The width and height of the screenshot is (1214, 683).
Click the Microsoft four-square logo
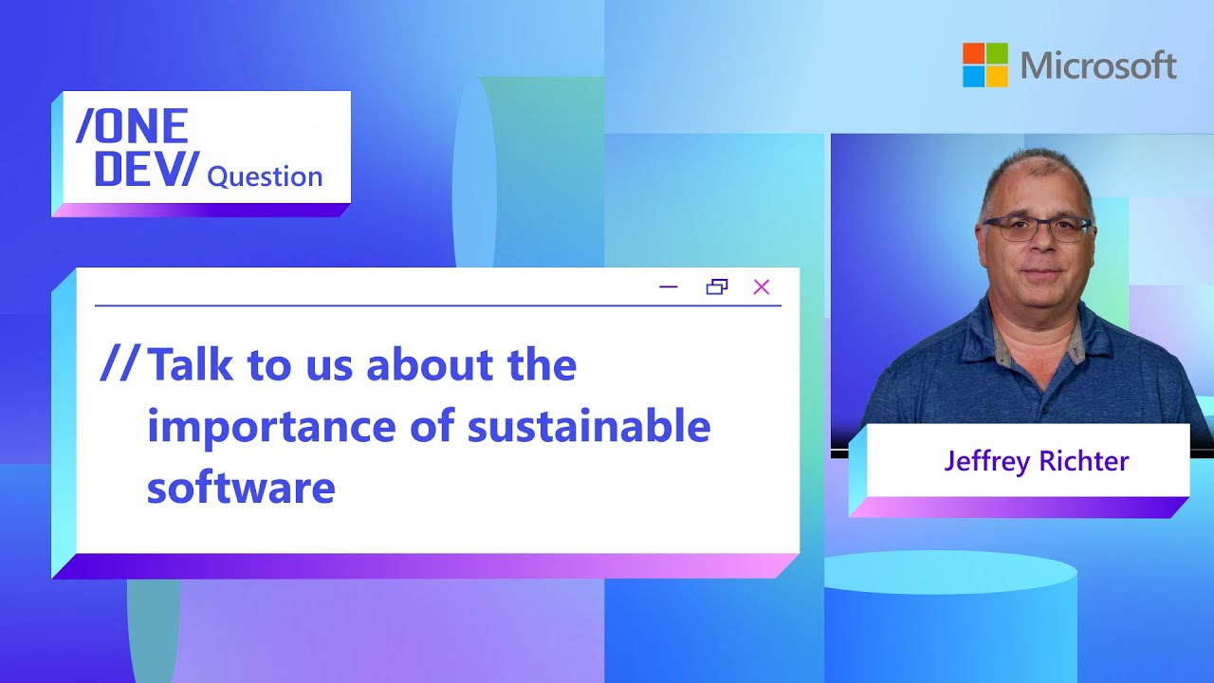click(x=985, y=65)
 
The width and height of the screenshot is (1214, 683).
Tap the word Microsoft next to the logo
click(x=1098, y=65)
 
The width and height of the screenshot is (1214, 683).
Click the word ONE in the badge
click(x=132, y=126)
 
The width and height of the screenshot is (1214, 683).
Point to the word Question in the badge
click(x=265, y=176)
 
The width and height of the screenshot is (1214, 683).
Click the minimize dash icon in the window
click(x=669, y=287)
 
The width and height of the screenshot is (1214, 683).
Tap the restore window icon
click(x=717, y=287)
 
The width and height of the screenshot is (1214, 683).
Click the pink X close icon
click(x=761, y=287)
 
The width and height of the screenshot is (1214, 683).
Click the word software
click(x=241, y=488)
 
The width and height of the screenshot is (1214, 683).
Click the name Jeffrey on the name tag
click(x=986, y=462)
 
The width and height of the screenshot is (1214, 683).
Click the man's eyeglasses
click(x=1036, y=229)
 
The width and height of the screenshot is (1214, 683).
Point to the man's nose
click(x=1036, y=249)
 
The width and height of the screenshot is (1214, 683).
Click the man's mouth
click(x=1036, y=273)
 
